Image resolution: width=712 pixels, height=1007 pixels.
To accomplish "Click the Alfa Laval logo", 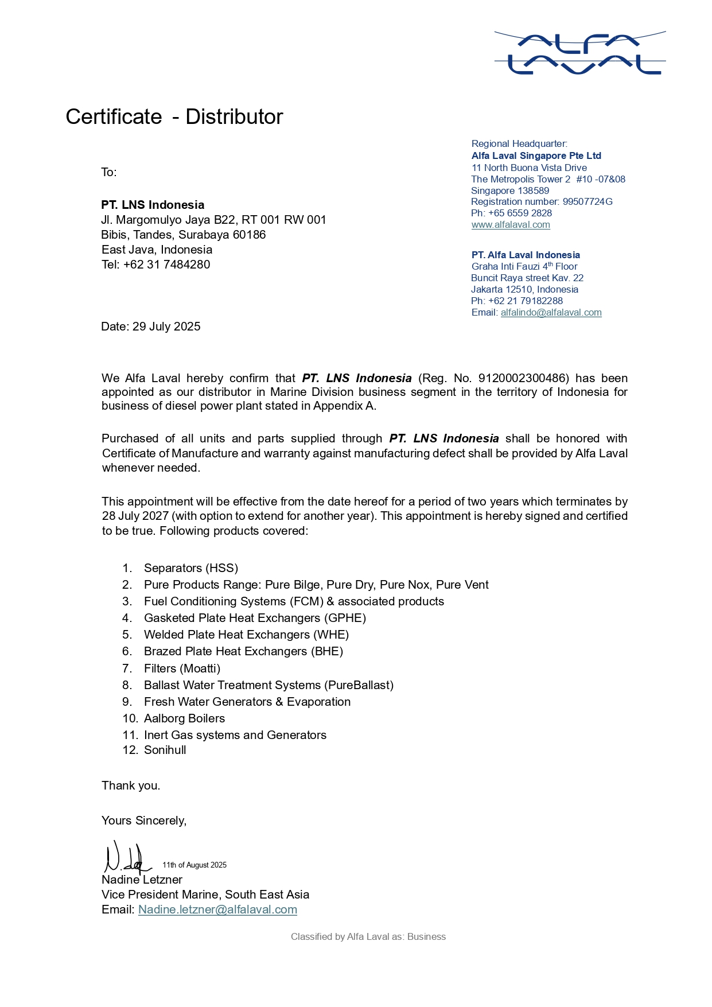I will [579, 53].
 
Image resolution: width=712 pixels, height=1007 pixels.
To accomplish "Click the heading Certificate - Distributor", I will [174, 116].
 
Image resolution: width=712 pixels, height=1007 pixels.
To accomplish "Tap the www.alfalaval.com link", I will [511, 224].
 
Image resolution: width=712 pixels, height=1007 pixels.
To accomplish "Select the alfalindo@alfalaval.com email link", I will [551, 312].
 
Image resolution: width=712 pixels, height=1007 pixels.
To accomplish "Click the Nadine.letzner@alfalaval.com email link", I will [217, 909].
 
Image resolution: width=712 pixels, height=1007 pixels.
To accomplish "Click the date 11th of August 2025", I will [194, 865].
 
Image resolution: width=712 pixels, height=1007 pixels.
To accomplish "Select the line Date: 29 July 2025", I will [151, 326].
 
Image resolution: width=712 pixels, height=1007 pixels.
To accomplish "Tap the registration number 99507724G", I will [588, 201].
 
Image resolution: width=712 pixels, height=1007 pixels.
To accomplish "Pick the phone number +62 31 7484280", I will [166, 265].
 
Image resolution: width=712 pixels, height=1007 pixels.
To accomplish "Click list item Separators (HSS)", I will [190, 568].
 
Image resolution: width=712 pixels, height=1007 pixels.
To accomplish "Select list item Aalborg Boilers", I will [184, 718].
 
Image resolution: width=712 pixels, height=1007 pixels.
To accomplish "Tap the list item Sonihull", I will [165, 750].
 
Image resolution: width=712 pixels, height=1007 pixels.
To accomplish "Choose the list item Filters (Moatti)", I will [182, 668].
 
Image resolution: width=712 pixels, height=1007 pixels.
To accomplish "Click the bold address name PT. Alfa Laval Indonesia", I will [526, 255].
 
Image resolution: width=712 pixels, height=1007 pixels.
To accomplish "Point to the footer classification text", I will [368, 936].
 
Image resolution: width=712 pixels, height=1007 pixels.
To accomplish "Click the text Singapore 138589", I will [510, 190].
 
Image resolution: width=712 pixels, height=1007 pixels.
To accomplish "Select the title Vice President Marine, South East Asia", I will [205, 895].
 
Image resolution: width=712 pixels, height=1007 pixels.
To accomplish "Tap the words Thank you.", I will [131, 786].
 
